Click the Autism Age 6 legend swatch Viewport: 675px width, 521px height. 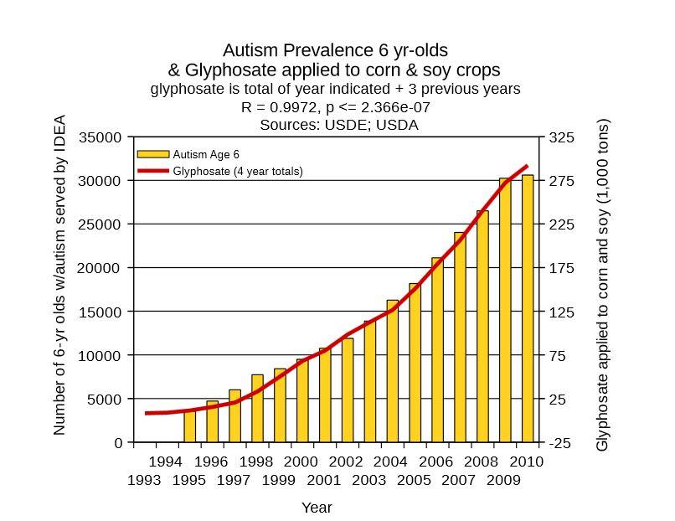click(x=153, y=154)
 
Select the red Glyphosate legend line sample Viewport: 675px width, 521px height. click(x=153, y=171)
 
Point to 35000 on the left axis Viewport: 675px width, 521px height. click(x=100, y=137)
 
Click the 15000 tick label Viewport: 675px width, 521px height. click(x=100, y=312)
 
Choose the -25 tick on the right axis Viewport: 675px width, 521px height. click(x=561, y=443)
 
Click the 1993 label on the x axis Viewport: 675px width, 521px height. click(x=144, y=481)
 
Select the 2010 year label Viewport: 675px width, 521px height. click(x=527, y=462)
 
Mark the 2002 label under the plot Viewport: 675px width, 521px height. click(x=346, y=462)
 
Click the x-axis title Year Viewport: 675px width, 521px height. click(x=317, y=508)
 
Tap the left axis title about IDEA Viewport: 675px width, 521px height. click(x=59, y=275)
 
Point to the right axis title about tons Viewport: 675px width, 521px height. click(x=602, y=285)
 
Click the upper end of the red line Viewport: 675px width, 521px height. click(x=527, y=167)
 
